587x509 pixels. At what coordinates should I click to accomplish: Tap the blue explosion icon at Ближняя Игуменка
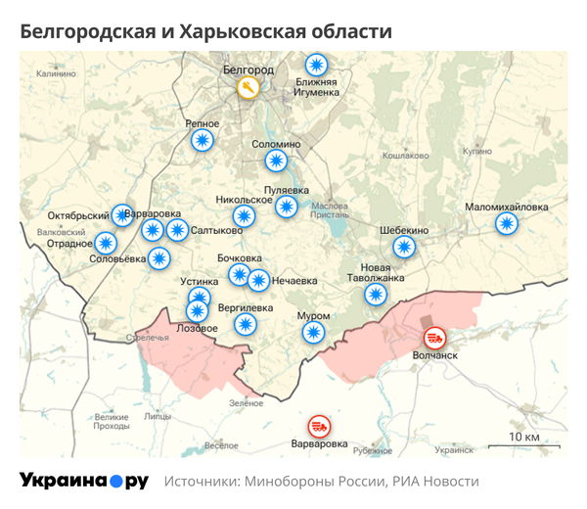[315, 66]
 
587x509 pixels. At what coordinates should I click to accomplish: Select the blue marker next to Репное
[202, 141]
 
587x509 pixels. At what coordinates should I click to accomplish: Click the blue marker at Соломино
[278, 161]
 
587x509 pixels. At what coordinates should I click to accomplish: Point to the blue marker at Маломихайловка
[506, 223]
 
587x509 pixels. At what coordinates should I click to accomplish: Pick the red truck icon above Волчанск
[434, 339]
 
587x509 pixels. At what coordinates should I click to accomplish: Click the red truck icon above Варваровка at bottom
[319, 426]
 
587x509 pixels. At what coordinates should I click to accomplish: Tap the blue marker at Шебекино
[402, 247]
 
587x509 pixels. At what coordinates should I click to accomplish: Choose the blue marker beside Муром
[313, 333]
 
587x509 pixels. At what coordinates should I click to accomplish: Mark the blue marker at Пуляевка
[287, 207]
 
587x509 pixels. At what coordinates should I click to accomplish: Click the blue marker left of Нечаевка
[258, 281]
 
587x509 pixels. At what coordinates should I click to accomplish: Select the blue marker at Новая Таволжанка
[375, 294]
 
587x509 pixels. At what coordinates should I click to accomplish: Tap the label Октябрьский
[77, 215]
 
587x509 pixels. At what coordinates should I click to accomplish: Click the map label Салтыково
[217, 231]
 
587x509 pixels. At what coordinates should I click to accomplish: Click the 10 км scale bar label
[525, 436]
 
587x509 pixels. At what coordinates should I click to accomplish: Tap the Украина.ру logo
[83, 481]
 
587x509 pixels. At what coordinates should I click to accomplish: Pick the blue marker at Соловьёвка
[159, 258]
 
